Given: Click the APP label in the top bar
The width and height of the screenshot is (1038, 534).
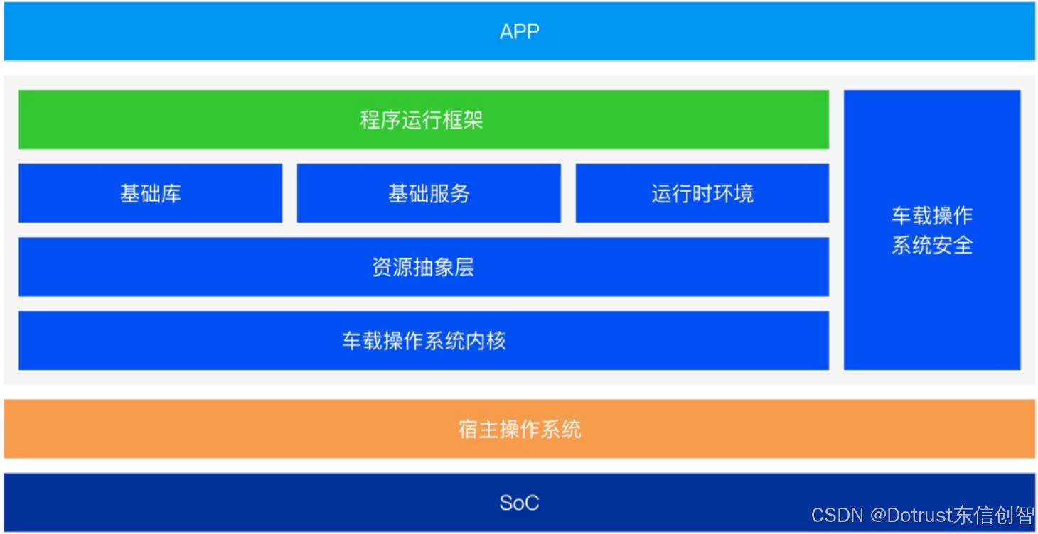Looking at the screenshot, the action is [x=520, y=31].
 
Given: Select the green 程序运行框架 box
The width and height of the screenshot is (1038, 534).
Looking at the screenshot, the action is [x=424, y=119].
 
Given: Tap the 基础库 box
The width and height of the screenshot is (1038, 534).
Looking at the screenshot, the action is [x=151, y=193].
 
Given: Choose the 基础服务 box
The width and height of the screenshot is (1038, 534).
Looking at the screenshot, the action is [x=429, y=193].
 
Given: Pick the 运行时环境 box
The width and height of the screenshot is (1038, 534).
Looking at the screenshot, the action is [x=702, y=193].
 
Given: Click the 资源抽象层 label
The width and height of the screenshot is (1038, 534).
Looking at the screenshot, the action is [x=424, y=267].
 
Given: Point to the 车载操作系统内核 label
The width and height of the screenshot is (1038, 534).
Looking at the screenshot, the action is [x=424, y=341].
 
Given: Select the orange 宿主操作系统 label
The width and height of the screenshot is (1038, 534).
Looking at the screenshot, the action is [x=520, y=429].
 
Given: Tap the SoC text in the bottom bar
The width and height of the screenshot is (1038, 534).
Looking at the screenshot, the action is [x=520, y=503].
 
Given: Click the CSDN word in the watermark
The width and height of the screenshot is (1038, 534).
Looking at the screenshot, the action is [x=838, y=515].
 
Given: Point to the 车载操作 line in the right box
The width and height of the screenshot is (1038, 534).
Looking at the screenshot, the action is [x=932, y=216].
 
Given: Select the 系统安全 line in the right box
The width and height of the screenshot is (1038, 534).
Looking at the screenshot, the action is [x=932, y=245].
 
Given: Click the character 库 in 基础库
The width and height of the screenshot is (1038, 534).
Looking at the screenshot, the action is [x=171, y=193].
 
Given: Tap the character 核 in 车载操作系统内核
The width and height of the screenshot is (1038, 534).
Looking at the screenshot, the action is [x=496, y=341].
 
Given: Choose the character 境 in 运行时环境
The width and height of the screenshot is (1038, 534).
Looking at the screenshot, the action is [x=743, y=193].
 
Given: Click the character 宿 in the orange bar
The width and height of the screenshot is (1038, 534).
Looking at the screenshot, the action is [x=469, y=429].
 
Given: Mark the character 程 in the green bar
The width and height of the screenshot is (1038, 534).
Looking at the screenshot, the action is [x=370, y=119].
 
